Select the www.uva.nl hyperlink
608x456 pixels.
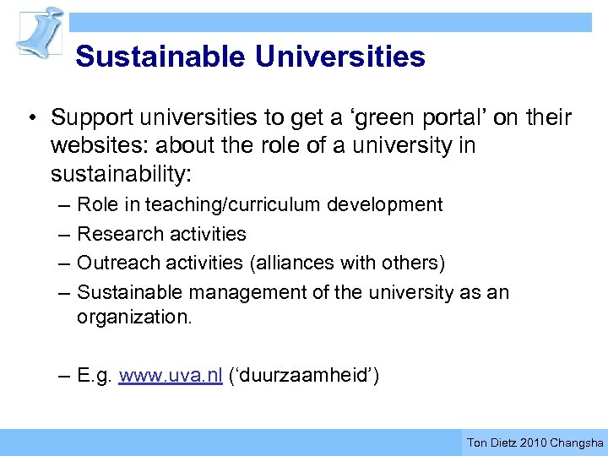(x=171, y=376)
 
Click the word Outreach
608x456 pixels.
(x=116, y=263)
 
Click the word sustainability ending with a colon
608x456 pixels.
(x=121, y=173)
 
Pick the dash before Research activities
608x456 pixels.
(x=65, y=234)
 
